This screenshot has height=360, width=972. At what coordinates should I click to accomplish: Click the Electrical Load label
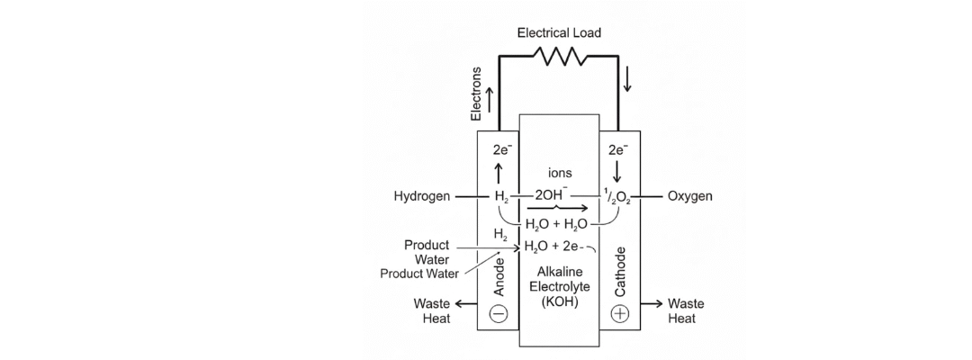pos(559,32)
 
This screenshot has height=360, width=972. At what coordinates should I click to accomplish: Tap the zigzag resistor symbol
pos(559,57)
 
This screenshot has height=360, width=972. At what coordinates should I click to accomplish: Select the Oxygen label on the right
pos(690,196)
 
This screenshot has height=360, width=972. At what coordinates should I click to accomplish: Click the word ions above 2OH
pos(559,172)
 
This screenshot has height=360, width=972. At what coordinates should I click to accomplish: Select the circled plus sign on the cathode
pos(620,313)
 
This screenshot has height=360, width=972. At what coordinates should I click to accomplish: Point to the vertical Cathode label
pos(619,271)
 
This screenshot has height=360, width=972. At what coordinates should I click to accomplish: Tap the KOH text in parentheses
pos(559,303)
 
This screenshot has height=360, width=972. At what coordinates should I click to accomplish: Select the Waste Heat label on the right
pos(686,311)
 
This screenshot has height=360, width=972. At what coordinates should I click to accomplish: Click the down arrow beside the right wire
pos(627,80)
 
